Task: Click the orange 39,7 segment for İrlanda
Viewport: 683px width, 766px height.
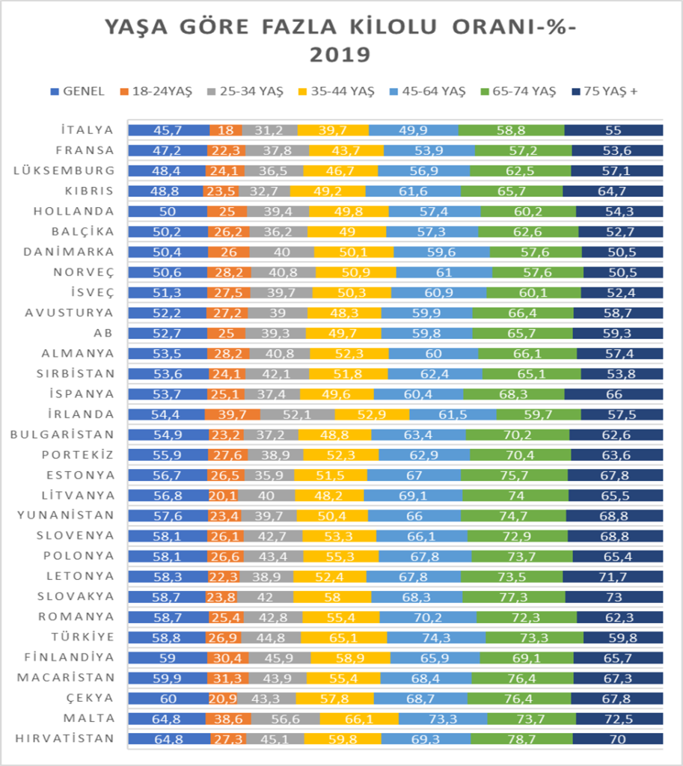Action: [x=232, y=414]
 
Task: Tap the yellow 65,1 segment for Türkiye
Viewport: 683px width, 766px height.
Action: [x=344, y=637]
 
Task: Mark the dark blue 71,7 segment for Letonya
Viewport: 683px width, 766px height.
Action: [x=613, y=576]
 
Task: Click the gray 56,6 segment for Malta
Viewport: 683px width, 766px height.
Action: [x=285, y=718]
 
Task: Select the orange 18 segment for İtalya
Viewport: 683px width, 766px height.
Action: [x=226, y=130]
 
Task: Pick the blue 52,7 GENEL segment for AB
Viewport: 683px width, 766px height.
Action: [x=168, y=333]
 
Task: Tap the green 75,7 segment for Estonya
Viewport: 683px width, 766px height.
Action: [x=514, y=475]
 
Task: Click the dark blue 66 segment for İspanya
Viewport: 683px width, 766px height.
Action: [x=613, y=393]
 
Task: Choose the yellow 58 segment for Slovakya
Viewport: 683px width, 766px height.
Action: [x=332, y=596]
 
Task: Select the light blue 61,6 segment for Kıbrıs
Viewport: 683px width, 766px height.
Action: [x=413, y=191]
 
